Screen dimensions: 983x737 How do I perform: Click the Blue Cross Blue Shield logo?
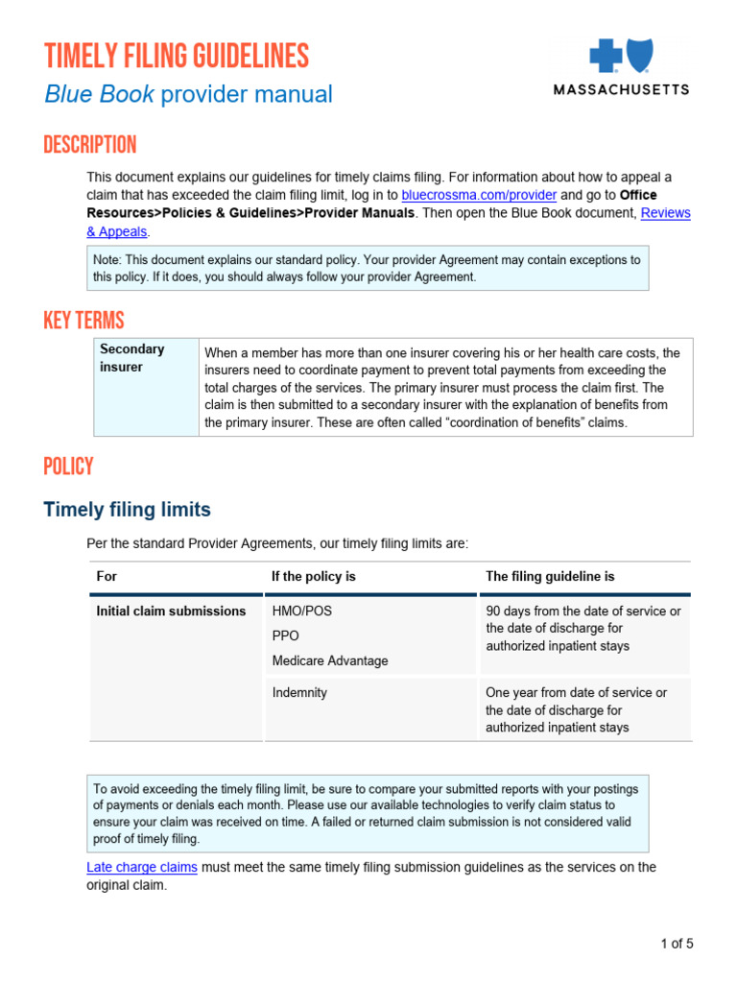(620, 57)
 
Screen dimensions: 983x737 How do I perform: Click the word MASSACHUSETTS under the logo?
(621, 89)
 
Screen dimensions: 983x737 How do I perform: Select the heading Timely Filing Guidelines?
(177, 57)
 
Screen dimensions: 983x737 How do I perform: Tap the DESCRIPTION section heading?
(90, 146)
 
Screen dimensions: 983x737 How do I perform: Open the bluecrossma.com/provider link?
(479, 195)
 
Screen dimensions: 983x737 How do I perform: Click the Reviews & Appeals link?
(665, 213)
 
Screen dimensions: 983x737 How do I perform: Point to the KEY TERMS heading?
(83, 321)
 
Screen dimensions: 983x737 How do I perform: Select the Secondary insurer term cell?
(132, 358)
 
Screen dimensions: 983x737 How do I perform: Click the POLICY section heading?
(68, 467)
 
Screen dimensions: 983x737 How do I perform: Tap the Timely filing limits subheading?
(127, 510)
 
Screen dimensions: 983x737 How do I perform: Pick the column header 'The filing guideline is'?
(550, 577)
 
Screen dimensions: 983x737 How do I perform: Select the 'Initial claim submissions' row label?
(171, 611)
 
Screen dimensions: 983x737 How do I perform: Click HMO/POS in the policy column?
(302, 611)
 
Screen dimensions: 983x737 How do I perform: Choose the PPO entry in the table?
(286, 635)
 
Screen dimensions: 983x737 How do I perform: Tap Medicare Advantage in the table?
(330, 660)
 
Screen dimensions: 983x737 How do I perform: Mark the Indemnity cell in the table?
(299, 692)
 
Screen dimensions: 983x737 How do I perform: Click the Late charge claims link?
(142, 867)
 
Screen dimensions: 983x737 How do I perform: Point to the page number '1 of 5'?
(677, 944)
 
